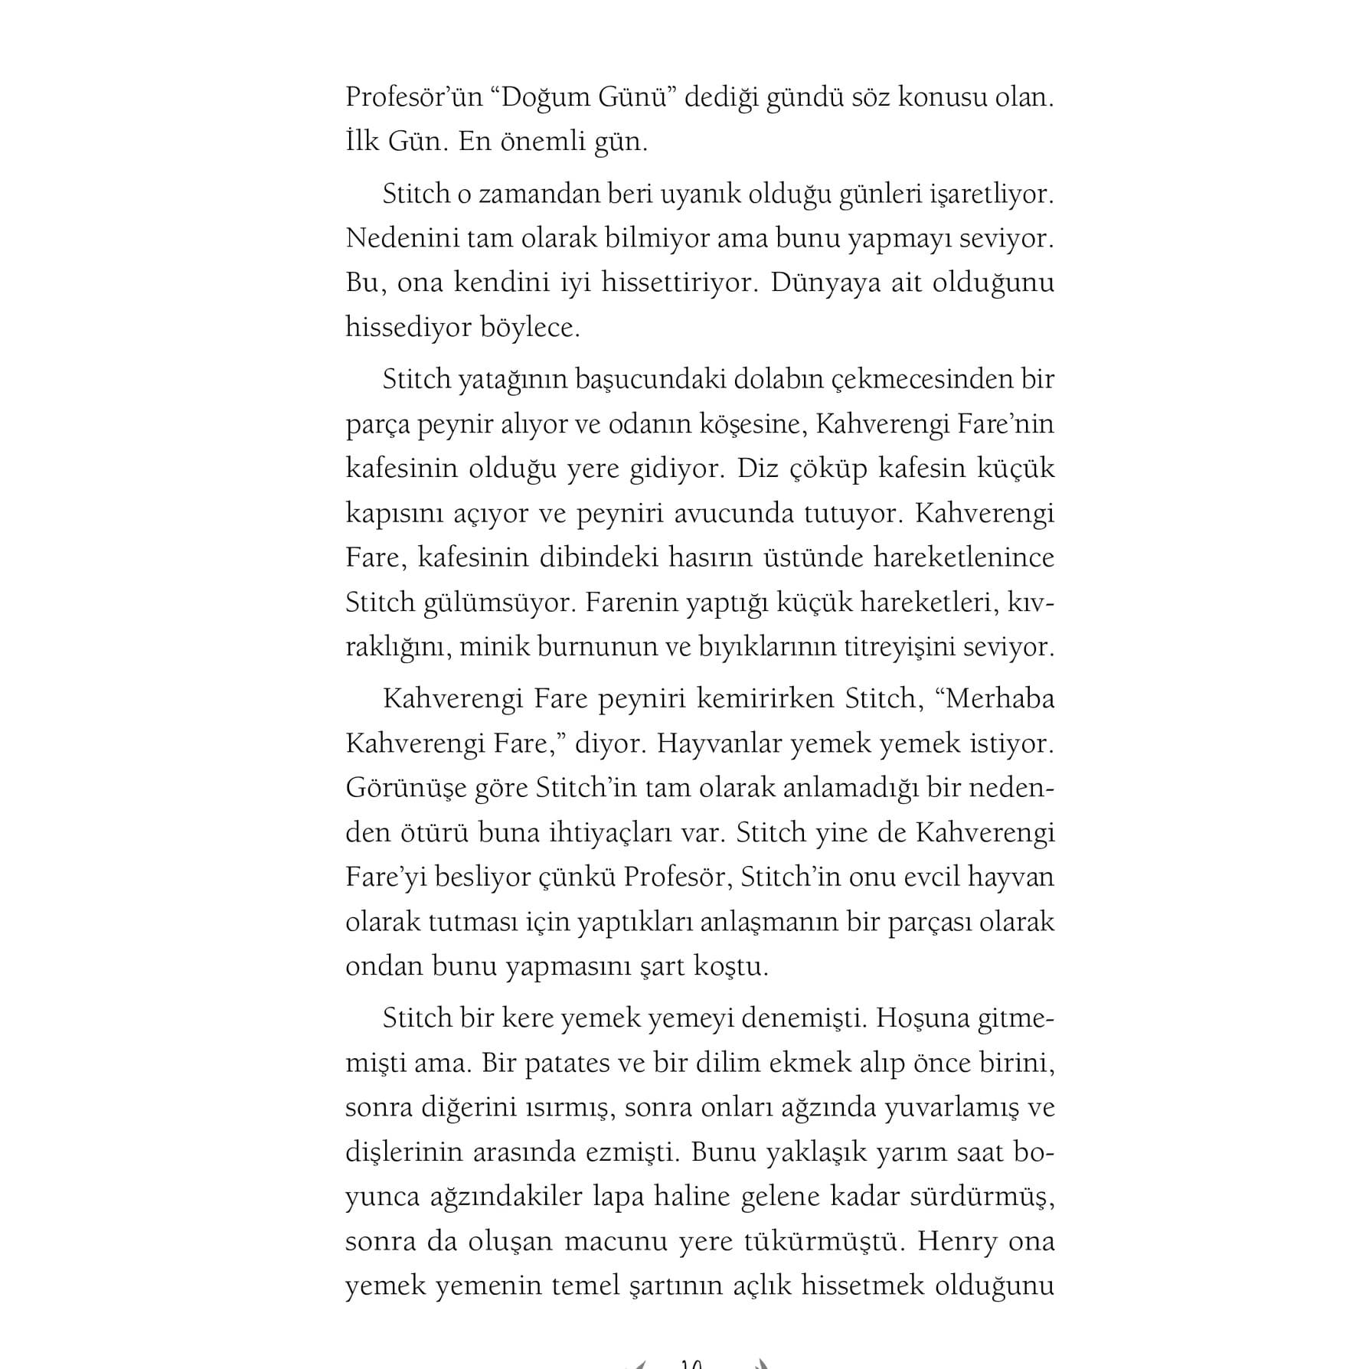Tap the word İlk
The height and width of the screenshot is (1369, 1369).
pos(363,142)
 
